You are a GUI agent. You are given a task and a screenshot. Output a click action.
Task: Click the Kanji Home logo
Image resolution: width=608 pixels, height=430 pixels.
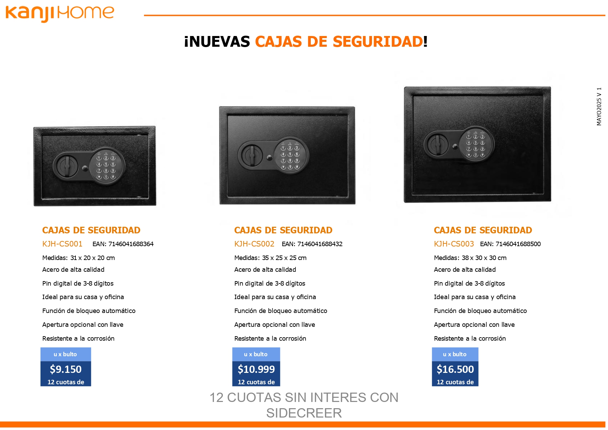tap(60, 14)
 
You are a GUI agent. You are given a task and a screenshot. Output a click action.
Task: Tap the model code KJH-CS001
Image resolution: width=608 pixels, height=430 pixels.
tap(62, 244)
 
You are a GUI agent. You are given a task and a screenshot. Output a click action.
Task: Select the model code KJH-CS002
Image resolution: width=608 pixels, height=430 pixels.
tap(254, 244)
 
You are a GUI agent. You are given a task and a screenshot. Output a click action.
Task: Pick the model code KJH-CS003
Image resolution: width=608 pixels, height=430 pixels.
tap(454, 244)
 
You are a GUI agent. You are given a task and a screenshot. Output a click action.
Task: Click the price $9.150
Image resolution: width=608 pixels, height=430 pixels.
tap(66, 369)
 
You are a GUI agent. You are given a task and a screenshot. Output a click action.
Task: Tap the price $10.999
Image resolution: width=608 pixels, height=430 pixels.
tap(256, 369)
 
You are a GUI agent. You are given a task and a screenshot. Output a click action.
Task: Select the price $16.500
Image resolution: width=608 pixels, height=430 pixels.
tap(455, 369)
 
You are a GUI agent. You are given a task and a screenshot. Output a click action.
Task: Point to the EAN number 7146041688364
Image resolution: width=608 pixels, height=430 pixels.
tap(131, 244)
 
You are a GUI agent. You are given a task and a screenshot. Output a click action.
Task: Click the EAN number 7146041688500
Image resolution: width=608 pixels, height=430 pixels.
tap(518, 244)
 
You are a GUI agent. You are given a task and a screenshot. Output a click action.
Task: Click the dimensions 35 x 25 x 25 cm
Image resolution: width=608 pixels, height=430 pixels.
tap(284, 258)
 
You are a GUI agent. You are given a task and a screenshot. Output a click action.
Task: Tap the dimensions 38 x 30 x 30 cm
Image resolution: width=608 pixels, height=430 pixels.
tap(484, 258)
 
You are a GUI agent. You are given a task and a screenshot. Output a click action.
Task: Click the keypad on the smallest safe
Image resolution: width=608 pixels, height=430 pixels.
tap(106, 167)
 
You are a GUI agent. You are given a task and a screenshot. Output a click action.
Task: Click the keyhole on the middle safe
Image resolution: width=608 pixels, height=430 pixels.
tap(270, 158)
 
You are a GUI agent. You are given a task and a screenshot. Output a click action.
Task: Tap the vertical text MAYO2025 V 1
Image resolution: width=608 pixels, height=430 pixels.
tap(599, 106)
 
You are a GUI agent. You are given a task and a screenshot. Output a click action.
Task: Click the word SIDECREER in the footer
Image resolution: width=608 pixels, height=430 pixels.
tap(304, 413)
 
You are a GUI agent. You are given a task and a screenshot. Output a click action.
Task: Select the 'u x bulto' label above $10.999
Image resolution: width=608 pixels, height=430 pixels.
tap(256, 354)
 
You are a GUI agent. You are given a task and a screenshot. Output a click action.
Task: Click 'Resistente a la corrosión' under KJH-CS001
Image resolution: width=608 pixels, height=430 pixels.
tap(78, 339)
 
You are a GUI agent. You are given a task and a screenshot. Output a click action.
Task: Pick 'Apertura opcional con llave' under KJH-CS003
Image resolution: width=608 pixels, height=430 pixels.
tap(474, 325)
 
